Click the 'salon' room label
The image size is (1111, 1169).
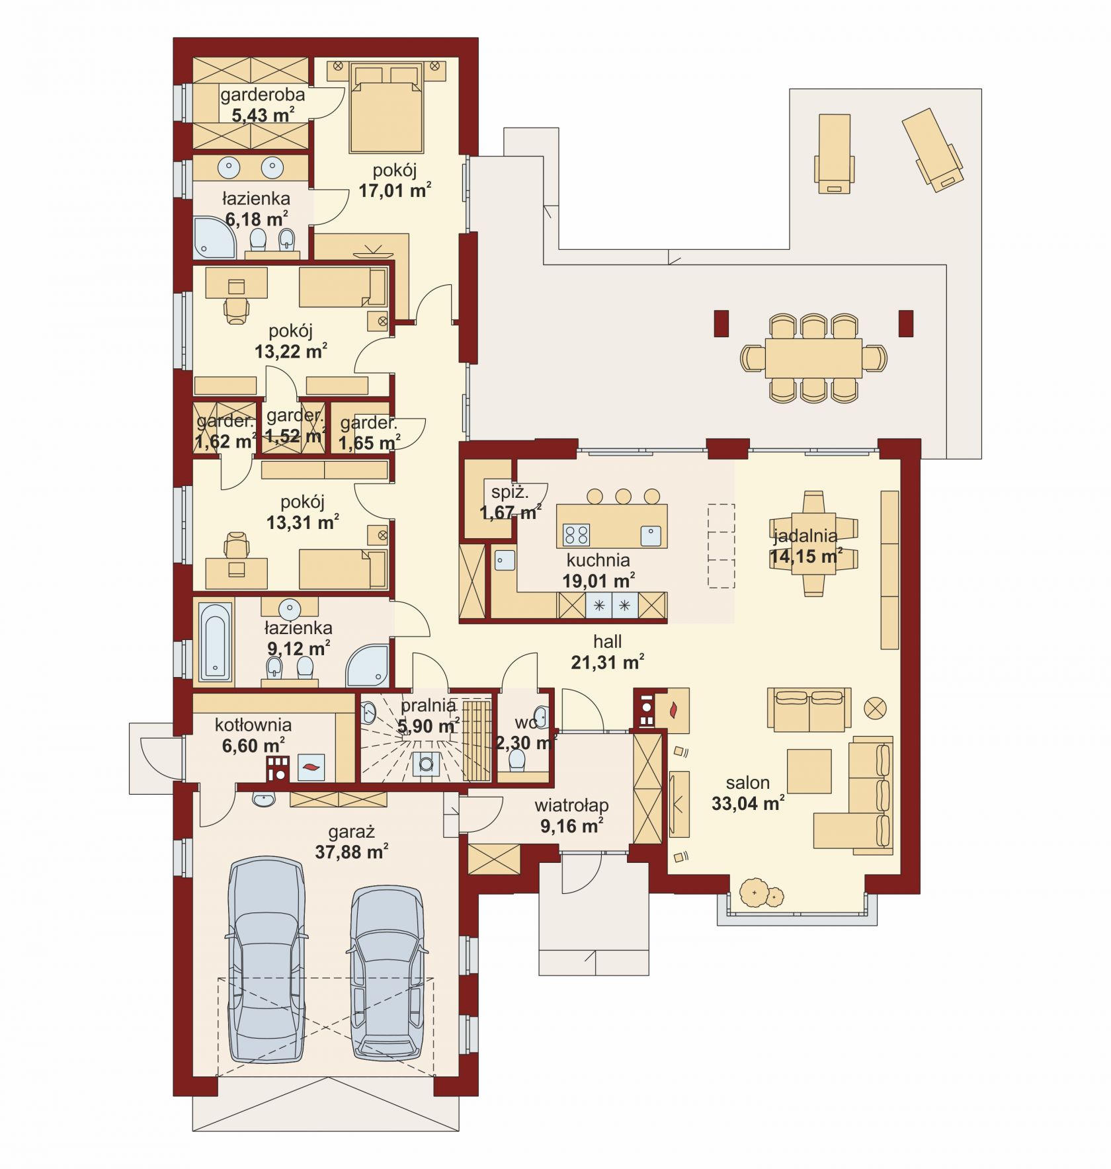click(x=747, y=783)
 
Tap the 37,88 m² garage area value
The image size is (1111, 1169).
click(x=351, y=852)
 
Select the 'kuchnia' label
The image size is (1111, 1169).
click(x=598, y=560)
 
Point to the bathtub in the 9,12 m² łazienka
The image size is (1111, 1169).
click(x=216, y=641)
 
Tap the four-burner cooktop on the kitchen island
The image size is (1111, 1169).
click(x=575, y=534)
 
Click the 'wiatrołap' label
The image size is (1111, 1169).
click(x=571, y=805)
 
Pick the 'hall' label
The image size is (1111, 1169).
click(x=607, y=641)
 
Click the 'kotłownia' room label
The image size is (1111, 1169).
click(x=253, y=725)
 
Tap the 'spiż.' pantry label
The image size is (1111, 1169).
click(x=510, y=492)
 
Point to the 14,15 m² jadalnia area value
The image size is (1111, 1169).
click(x=805, y=556)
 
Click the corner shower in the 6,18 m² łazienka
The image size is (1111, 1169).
click(x=214, y=237)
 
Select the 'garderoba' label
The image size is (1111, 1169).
click(x=263, y=95)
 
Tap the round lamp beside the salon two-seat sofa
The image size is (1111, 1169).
click(x=875, y=709)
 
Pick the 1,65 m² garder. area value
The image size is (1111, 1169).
click(x=369, y=442)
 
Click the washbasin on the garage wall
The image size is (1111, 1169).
click(x=263, y=800)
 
